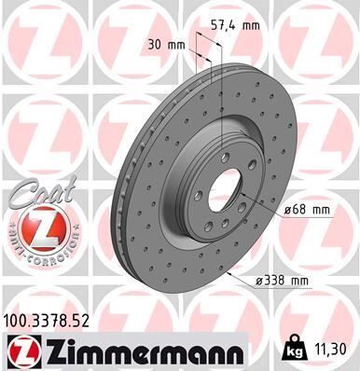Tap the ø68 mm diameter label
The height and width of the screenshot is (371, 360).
[x=308, y=210]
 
